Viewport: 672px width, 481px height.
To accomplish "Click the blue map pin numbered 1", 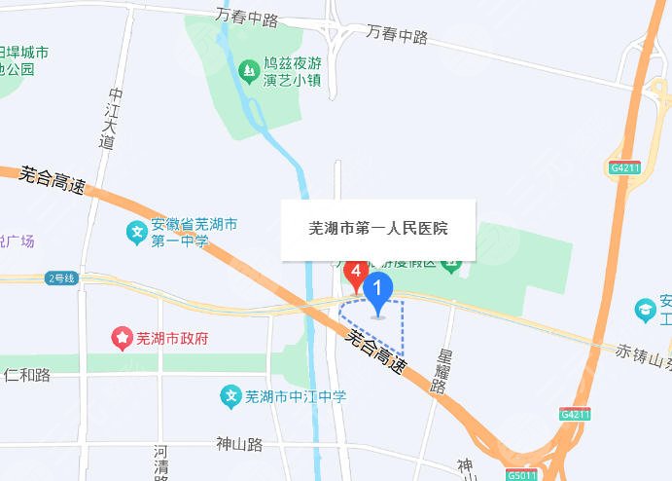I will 378,289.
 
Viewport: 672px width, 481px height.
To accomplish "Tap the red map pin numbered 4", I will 357,270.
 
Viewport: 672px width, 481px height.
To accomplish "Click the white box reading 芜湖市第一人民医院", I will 377,230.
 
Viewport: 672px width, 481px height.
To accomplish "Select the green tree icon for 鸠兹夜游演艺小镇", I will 249,70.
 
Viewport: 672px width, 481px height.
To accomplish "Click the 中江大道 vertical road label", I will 112,118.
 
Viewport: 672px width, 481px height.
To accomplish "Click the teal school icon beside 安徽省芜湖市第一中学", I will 137,233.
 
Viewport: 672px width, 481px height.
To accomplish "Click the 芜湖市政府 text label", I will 172,338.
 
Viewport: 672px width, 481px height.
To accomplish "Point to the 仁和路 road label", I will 27,374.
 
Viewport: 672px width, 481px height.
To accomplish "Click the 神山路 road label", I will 239,444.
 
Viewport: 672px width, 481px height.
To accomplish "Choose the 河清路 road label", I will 160,462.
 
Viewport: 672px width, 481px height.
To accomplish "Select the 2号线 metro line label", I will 60,278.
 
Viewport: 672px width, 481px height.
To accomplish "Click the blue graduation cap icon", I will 644,310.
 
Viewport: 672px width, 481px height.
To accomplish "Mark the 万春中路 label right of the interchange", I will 398,36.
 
